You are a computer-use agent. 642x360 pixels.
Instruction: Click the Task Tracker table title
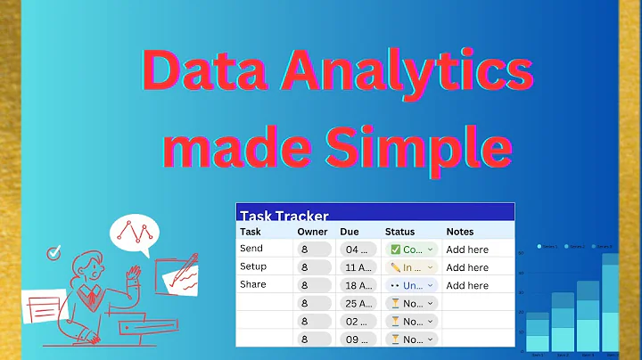point(284,216)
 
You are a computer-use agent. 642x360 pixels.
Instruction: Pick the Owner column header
point(311,232)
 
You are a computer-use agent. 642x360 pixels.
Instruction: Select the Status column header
point(399,232)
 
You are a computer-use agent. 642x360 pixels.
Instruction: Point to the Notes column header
point(460,232)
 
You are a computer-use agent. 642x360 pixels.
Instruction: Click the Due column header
point(350,232)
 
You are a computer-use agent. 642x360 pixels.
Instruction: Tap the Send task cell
point(251,249)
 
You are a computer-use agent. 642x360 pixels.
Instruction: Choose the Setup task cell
point(253,266)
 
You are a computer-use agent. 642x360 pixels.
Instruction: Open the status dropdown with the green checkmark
point(413,250)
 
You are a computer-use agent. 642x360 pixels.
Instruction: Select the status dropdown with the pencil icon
point(413,267)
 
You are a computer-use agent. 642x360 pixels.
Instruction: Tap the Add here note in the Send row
point(467,250)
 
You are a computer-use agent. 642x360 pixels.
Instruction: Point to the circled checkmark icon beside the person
point(53,253)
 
